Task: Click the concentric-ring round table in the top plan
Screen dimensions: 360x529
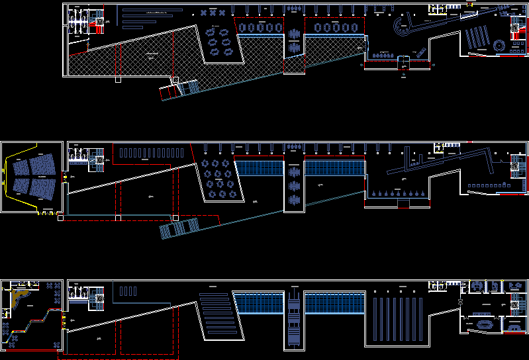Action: point(499,44)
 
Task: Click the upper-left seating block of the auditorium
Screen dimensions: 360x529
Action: point(23,165)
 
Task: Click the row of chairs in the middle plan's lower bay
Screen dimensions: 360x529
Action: point(398,193)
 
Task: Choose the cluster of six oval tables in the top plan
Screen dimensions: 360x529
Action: point(219,40)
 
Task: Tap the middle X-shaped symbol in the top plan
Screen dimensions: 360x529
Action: point(213,13)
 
